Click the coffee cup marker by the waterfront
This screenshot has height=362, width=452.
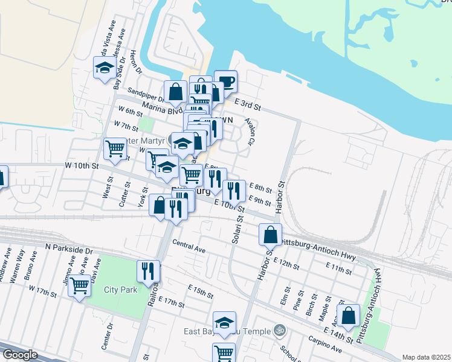pos(226,82)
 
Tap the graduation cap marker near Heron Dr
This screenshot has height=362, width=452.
pos(105,68)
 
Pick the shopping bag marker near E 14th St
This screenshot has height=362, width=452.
pos(349,316)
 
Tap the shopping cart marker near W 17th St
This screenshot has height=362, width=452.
pos(80,285)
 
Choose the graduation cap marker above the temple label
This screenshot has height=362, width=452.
pos(224,323)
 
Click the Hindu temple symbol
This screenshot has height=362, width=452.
pos(279,330)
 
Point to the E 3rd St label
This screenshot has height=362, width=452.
pos(247,105)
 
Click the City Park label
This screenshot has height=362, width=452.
pos(120,290)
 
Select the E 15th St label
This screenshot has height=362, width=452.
pos(200,292)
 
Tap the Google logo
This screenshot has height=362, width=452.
pos(19,355)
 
